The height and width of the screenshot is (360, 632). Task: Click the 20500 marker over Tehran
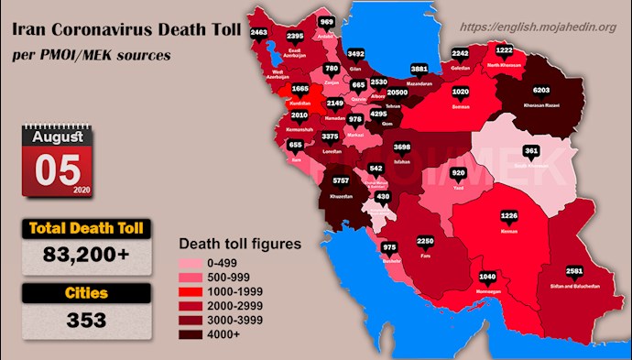(397, 93)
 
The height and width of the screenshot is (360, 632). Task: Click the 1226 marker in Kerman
(510, 216)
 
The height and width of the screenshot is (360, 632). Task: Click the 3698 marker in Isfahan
(401, 147)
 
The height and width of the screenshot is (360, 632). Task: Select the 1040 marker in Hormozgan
(488, 276)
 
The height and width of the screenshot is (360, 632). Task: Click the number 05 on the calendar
(55, 169)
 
